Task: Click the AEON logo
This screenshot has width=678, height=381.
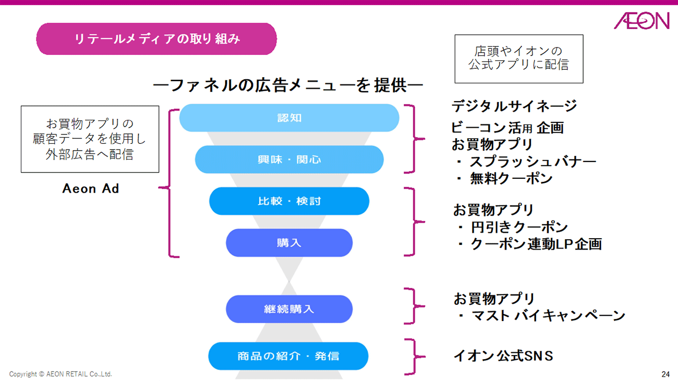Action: point(641,21)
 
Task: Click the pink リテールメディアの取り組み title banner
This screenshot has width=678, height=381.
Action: point(156,39)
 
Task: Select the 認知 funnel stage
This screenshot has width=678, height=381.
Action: point(289,118)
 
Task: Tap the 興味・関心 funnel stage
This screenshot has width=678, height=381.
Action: point(289,159)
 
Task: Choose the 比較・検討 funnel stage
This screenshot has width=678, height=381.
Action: point(289,201)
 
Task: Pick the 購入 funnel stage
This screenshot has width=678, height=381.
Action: point(289,243)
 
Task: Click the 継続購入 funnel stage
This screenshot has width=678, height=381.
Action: point(289,309)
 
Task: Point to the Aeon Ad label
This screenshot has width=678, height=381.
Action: point(91,189)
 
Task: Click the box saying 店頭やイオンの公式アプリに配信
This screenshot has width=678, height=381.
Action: point(518,58)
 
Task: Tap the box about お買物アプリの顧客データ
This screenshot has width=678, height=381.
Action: point(90,139)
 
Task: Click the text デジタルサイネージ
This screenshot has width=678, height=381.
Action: point(514,106)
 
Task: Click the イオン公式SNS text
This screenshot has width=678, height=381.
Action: point(503,356)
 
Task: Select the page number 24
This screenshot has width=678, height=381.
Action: point(665,374)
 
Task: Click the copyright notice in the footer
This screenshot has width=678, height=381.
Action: point(60,374)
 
